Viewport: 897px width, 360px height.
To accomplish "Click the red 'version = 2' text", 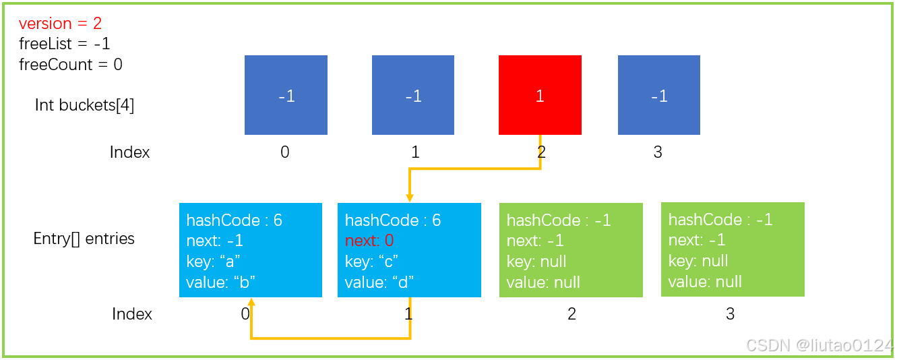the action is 60,24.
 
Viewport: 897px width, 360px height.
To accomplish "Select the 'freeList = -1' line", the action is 65,44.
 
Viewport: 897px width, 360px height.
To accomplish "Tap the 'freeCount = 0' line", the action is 71,65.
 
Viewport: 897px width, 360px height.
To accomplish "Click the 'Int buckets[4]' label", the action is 84,105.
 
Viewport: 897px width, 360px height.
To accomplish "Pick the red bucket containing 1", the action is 540,95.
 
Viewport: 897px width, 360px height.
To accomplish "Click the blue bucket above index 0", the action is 286,95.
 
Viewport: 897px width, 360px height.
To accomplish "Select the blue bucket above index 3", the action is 658,95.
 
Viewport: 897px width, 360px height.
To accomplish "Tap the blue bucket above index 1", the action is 413,95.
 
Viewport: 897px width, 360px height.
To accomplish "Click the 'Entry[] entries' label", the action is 84,239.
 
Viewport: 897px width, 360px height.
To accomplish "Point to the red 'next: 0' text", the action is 369,241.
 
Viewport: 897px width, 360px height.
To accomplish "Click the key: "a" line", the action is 213,262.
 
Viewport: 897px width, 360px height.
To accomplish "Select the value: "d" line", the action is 379,282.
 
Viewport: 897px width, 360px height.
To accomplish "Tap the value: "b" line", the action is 220,282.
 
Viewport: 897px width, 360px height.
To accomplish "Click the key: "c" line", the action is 371,262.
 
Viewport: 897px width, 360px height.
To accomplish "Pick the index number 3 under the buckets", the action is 658,152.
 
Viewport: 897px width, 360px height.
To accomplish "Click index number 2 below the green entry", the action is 571,314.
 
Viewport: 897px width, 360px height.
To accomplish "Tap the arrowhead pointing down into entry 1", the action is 410,198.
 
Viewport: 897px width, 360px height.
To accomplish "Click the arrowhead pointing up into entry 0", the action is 251,302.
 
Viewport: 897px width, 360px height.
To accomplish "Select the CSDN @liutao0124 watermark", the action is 819,345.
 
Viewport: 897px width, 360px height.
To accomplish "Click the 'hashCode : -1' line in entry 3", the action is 720,220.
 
